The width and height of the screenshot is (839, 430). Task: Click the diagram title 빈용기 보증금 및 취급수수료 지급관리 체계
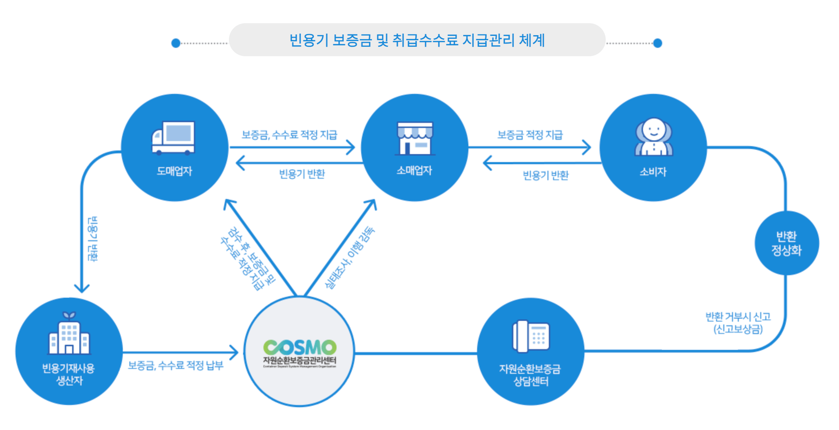[x=417, y=40]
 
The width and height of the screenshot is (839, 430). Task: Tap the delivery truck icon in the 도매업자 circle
[x=174, y=138]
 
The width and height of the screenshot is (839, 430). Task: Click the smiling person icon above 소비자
[x=654, y=137]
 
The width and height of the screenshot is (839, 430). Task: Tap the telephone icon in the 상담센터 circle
[x=531, y=336]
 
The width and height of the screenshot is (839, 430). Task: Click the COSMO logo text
[x=300, y=347]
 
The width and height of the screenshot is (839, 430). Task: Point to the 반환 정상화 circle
[x=786, y=243]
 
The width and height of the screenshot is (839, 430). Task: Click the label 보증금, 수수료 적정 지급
[x=289, y=135]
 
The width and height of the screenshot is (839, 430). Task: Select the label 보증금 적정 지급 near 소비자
[x=530, y=135]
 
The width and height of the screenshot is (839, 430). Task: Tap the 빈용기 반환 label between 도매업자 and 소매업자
[x=302, y=174]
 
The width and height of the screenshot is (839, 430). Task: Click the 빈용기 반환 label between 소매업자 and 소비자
[x=546, y=175]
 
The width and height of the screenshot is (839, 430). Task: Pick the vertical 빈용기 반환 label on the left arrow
[x=93, y=239]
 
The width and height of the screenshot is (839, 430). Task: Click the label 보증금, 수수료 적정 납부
[x=176, y=365]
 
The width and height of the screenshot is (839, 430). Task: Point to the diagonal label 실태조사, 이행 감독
[x=350, y=257]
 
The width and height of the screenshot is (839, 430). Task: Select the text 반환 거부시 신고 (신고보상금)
[x=738, y=323]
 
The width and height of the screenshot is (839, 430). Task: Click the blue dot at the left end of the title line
[x=176, y=43]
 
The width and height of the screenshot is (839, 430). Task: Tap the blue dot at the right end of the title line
[x=658, y=43]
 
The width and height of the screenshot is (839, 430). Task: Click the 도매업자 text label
[x=174, y=171]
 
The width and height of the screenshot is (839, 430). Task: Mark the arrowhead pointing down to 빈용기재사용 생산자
[x=82, y=289]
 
